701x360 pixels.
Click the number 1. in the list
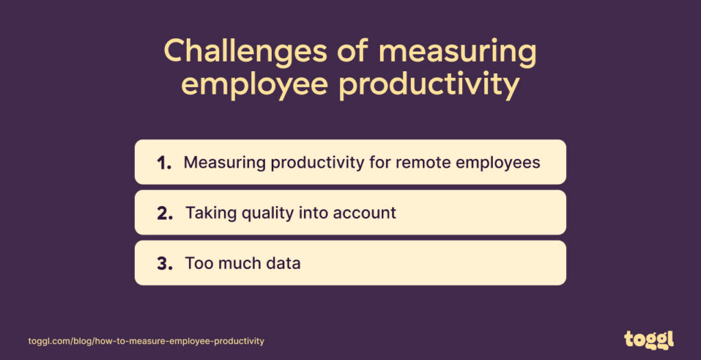164,163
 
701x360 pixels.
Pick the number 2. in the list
165,213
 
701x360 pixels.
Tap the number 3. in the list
165,263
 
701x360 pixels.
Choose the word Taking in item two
208,213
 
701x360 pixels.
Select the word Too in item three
197,263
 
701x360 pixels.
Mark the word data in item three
281,263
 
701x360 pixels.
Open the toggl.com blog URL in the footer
146,341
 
